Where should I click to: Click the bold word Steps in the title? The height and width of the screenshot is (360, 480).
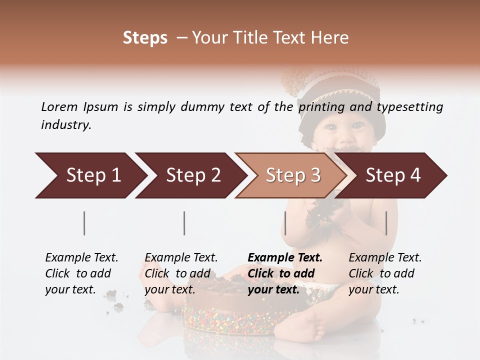145,38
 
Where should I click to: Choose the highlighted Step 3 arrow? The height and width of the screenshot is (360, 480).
293,175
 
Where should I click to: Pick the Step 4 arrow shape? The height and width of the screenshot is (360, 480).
393,175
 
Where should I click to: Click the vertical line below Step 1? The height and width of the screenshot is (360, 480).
84,223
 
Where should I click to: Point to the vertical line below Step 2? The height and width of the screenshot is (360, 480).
184,223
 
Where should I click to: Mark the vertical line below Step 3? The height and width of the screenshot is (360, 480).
285,223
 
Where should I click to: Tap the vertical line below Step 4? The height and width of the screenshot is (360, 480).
386,223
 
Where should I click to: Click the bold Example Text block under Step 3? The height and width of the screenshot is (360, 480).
285,273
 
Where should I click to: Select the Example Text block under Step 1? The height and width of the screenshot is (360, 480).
81,273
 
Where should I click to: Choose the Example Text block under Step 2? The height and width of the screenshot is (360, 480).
181,273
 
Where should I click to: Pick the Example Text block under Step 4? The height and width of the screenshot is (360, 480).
385,273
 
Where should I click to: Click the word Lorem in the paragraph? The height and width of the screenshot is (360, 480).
59,106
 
